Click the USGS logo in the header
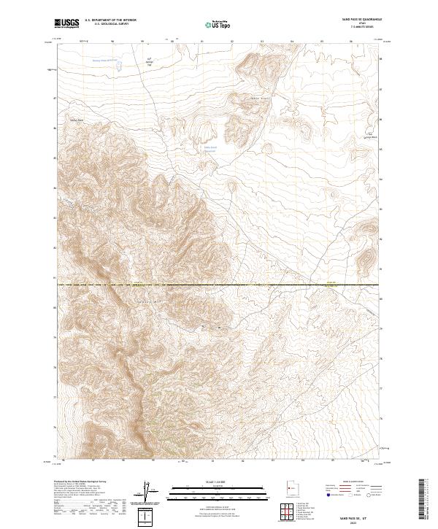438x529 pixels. coord(68,24)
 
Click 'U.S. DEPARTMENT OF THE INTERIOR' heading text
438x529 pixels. coord(110,20)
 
